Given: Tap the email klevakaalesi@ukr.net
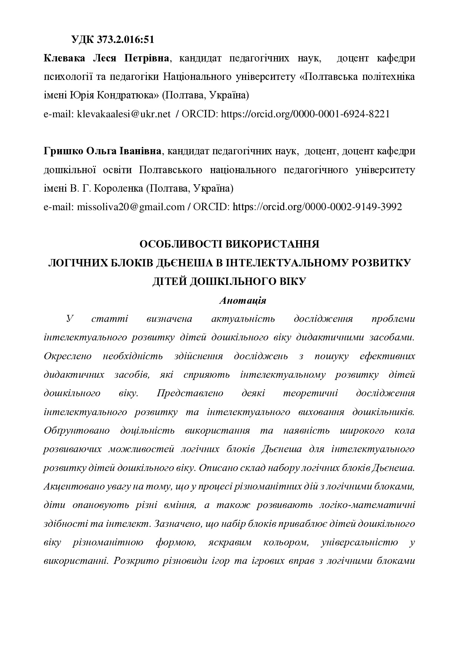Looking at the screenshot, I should coord(124,114).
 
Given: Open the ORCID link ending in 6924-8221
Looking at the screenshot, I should coord(305,114).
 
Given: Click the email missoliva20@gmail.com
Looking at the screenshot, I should coord(130,207).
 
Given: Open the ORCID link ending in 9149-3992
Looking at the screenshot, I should coord(317,207).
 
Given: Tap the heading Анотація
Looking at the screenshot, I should coord(242,300).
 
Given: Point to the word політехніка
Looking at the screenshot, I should coord(389,77).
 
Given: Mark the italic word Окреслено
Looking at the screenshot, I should coord(67,356).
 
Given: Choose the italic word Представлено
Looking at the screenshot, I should coord(190,393).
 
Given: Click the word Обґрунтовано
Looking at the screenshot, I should coord(77,430).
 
